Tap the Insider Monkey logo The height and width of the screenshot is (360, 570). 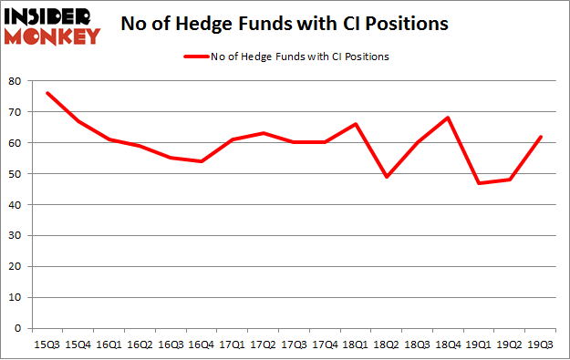(52, 26)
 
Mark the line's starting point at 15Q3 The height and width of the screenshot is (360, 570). (47, 93)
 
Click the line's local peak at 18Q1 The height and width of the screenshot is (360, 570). (358, 124)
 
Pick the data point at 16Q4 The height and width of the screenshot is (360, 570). (202, 161)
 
